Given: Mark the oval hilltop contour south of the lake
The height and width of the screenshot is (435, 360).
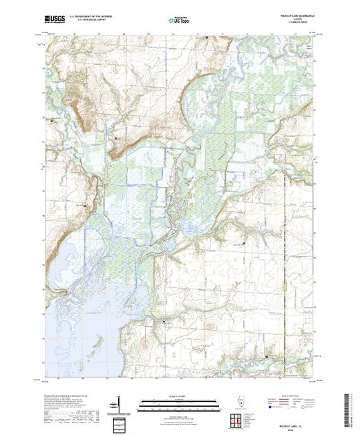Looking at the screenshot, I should (x=146, y=343).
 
